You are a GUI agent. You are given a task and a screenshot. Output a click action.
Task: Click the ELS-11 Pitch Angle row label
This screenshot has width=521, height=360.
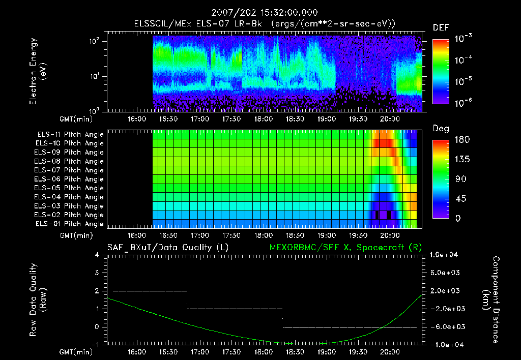[69, 135]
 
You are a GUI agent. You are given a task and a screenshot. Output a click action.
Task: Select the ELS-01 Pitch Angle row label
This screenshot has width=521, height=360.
[69, 224]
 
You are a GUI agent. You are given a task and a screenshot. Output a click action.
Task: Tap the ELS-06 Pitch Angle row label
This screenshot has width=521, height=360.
[69, 179]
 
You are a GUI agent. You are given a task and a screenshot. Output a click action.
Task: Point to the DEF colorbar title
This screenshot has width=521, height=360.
[441, 28]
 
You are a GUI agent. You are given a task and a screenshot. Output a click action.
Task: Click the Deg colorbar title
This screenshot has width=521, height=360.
[441, 129]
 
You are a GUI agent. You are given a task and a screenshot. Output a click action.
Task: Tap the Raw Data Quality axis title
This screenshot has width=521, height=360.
[38, 299]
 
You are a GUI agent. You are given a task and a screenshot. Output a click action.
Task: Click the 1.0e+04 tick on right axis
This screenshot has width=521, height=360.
[445, 255]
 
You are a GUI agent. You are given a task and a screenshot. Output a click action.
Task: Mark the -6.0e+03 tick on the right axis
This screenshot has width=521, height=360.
[445, 326]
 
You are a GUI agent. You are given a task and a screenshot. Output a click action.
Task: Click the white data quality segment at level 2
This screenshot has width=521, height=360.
[150, 291]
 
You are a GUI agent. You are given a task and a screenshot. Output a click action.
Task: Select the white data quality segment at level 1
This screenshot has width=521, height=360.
[235, 309]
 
